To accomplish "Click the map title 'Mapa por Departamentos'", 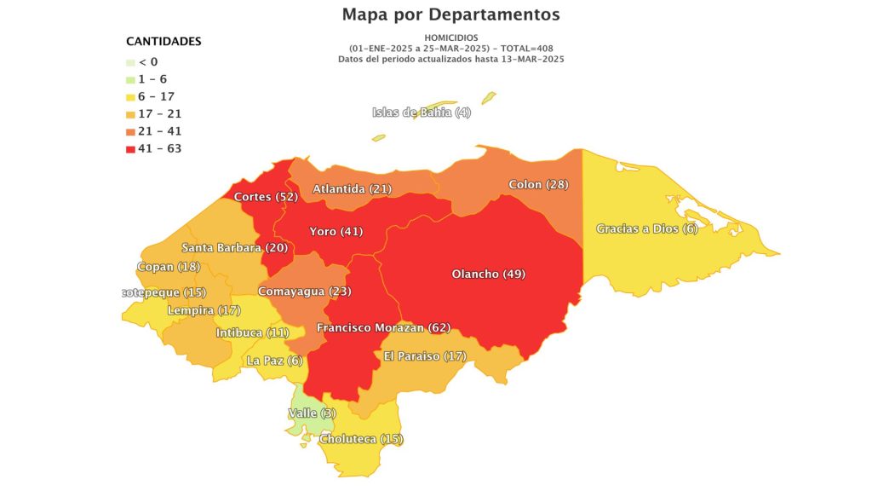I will [x=450, y=14].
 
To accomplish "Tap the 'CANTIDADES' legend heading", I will [x=163, y=41].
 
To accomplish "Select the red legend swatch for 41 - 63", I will [x=130, y=149].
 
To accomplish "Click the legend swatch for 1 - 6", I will [x=130, y=79].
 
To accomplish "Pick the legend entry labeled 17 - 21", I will [x=159, y=114].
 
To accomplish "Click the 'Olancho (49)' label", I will [x=488, y=274].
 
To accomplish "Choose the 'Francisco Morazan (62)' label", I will [x=382, y=328].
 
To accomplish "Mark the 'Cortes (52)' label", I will [x=265, y=197].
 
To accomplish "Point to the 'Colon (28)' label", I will [x=538, y=185].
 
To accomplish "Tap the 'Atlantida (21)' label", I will [x=352, y=188].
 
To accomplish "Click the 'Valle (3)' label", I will [x=312, y=413].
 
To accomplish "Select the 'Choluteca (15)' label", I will [x=361, y=440].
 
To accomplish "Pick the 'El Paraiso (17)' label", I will [x=425, y=355].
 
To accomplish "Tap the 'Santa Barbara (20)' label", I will [x=235, y=247].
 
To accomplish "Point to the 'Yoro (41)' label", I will [x=336, y=232].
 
